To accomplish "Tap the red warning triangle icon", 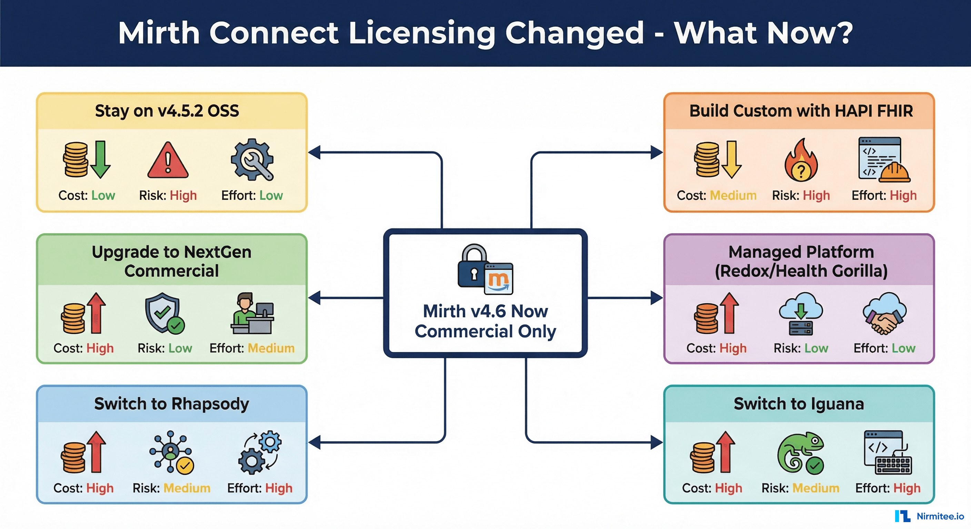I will tap(168, 161).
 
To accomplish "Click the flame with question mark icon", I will tap(801, 161).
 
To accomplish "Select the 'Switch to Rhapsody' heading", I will tap(171, 404).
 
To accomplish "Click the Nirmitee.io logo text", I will tap(940, 516).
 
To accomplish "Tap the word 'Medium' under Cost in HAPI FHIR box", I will tap(733, 195).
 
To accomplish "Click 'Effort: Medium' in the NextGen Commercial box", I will tap(252, 348).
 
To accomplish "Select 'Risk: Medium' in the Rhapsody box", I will tap(171, 488).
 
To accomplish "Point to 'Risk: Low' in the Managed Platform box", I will tap(801, 348).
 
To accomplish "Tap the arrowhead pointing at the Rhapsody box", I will tap(315, 442).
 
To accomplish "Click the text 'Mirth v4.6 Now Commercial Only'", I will tap(485, 321).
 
